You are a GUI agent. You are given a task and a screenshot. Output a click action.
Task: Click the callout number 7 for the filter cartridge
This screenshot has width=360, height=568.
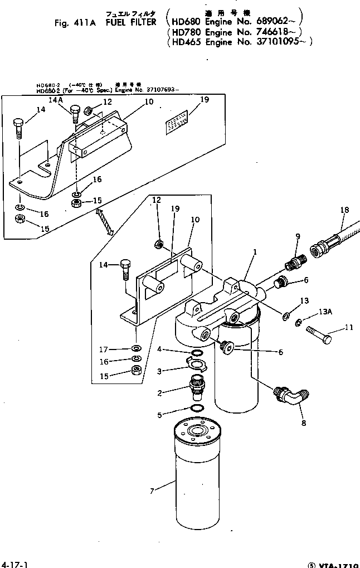152,491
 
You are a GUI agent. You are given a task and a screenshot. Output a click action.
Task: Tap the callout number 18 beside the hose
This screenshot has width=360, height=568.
344,210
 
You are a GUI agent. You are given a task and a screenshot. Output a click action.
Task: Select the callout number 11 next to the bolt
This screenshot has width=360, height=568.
349,327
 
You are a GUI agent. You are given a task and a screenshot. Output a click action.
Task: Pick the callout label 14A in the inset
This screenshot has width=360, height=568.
56,100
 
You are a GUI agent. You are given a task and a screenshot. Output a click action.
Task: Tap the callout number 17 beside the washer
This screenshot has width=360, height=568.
103,349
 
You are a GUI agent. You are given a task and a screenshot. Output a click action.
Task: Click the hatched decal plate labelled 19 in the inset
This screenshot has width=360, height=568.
177,123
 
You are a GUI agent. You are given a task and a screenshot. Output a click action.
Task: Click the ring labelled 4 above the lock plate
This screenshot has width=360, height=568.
196,353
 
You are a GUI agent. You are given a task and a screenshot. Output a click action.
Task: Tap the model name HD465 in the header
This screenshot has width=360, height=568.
187,42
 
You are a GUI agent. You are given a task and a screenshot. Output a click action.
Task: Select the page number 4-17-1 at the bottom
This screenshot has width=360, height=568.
14,564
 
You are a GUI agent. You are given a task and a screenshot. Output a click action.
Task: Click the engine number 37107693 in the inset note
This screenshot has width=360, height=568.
147,90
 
